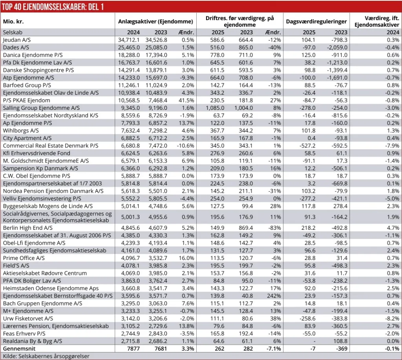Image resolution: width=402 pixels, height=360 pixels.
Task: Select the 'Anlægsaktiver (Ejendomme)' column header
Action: click(156, 22)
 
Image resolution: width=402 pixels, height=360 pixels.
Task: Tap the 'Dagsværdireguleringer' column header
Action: click(317, 22)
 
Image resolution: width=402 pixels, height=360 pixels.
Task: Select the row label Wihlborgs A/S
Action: click(21, 130)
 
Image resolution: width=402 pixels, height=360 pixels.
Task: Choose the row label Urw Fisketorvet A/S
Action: click(28, 318)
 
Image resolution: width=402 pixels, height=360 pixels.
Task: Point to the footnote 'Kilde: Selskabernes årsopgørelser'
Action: click(46, 356)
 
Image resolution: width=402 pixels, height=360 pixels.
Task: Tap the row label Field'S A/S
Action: click(17, 265)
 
